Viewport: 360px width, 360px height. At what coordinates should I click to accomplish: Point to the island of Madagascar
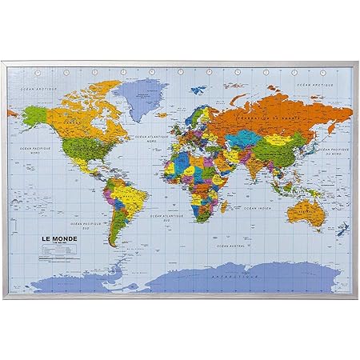tap(222, 209)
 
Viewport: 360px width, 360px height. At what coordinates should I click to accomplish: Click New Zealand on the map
tap(342, 230)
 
